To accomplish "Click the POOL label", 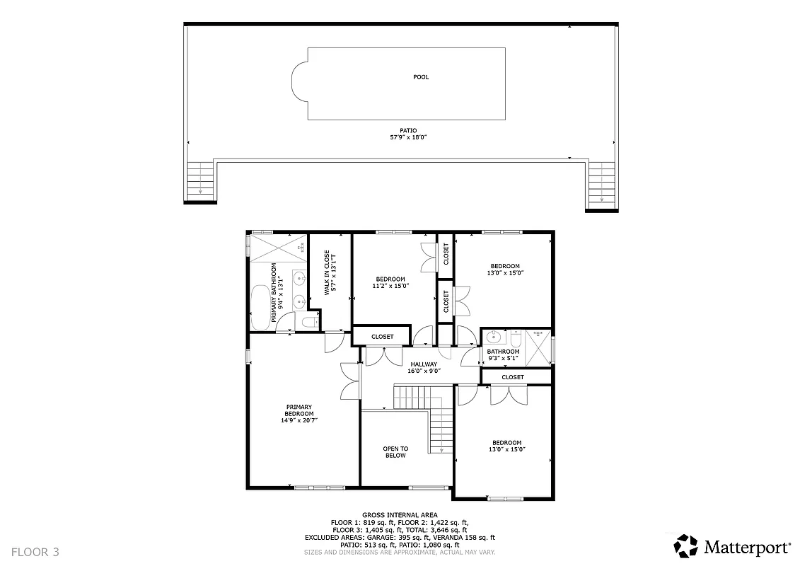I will click(421, 77).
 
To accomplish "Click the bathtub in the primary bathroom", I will click(260, 307).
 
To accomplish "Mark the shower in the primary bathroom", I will click(277, 248).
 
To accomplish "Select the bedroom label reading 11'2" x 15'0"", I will click(390, 286).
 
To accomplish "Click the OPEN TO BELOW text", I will click(395, 452).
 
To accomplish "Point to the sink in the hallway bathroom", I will click(493, 337).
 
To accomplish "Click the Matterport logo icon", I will click(685, 546).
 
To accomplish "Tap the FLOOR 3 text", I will click(35, 551).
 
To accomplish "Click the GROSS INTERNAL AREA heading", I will click(400, 515).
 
